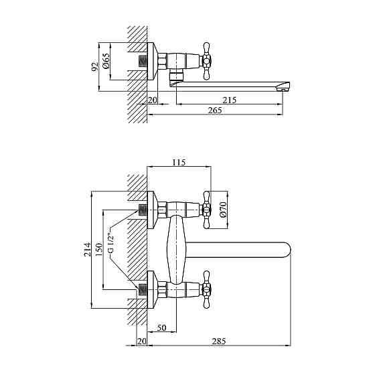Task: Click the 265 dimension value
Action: coord(215,110)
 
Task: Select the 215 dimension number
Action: coord(229,100)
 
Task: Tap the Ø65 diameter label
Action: coord(106,60)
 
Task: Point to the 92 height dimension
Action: coord(94,67)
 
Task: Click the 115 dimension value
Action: coord(179,162)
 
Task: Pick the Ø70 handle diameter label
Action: coord(222,209)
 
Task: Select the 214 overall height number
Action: coord(87,249)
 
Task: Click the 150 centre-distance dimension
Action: coord(98,249)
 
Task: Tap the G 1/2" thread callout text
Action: coord(110,243)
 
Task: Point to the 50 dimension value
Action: coord(161,327)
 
